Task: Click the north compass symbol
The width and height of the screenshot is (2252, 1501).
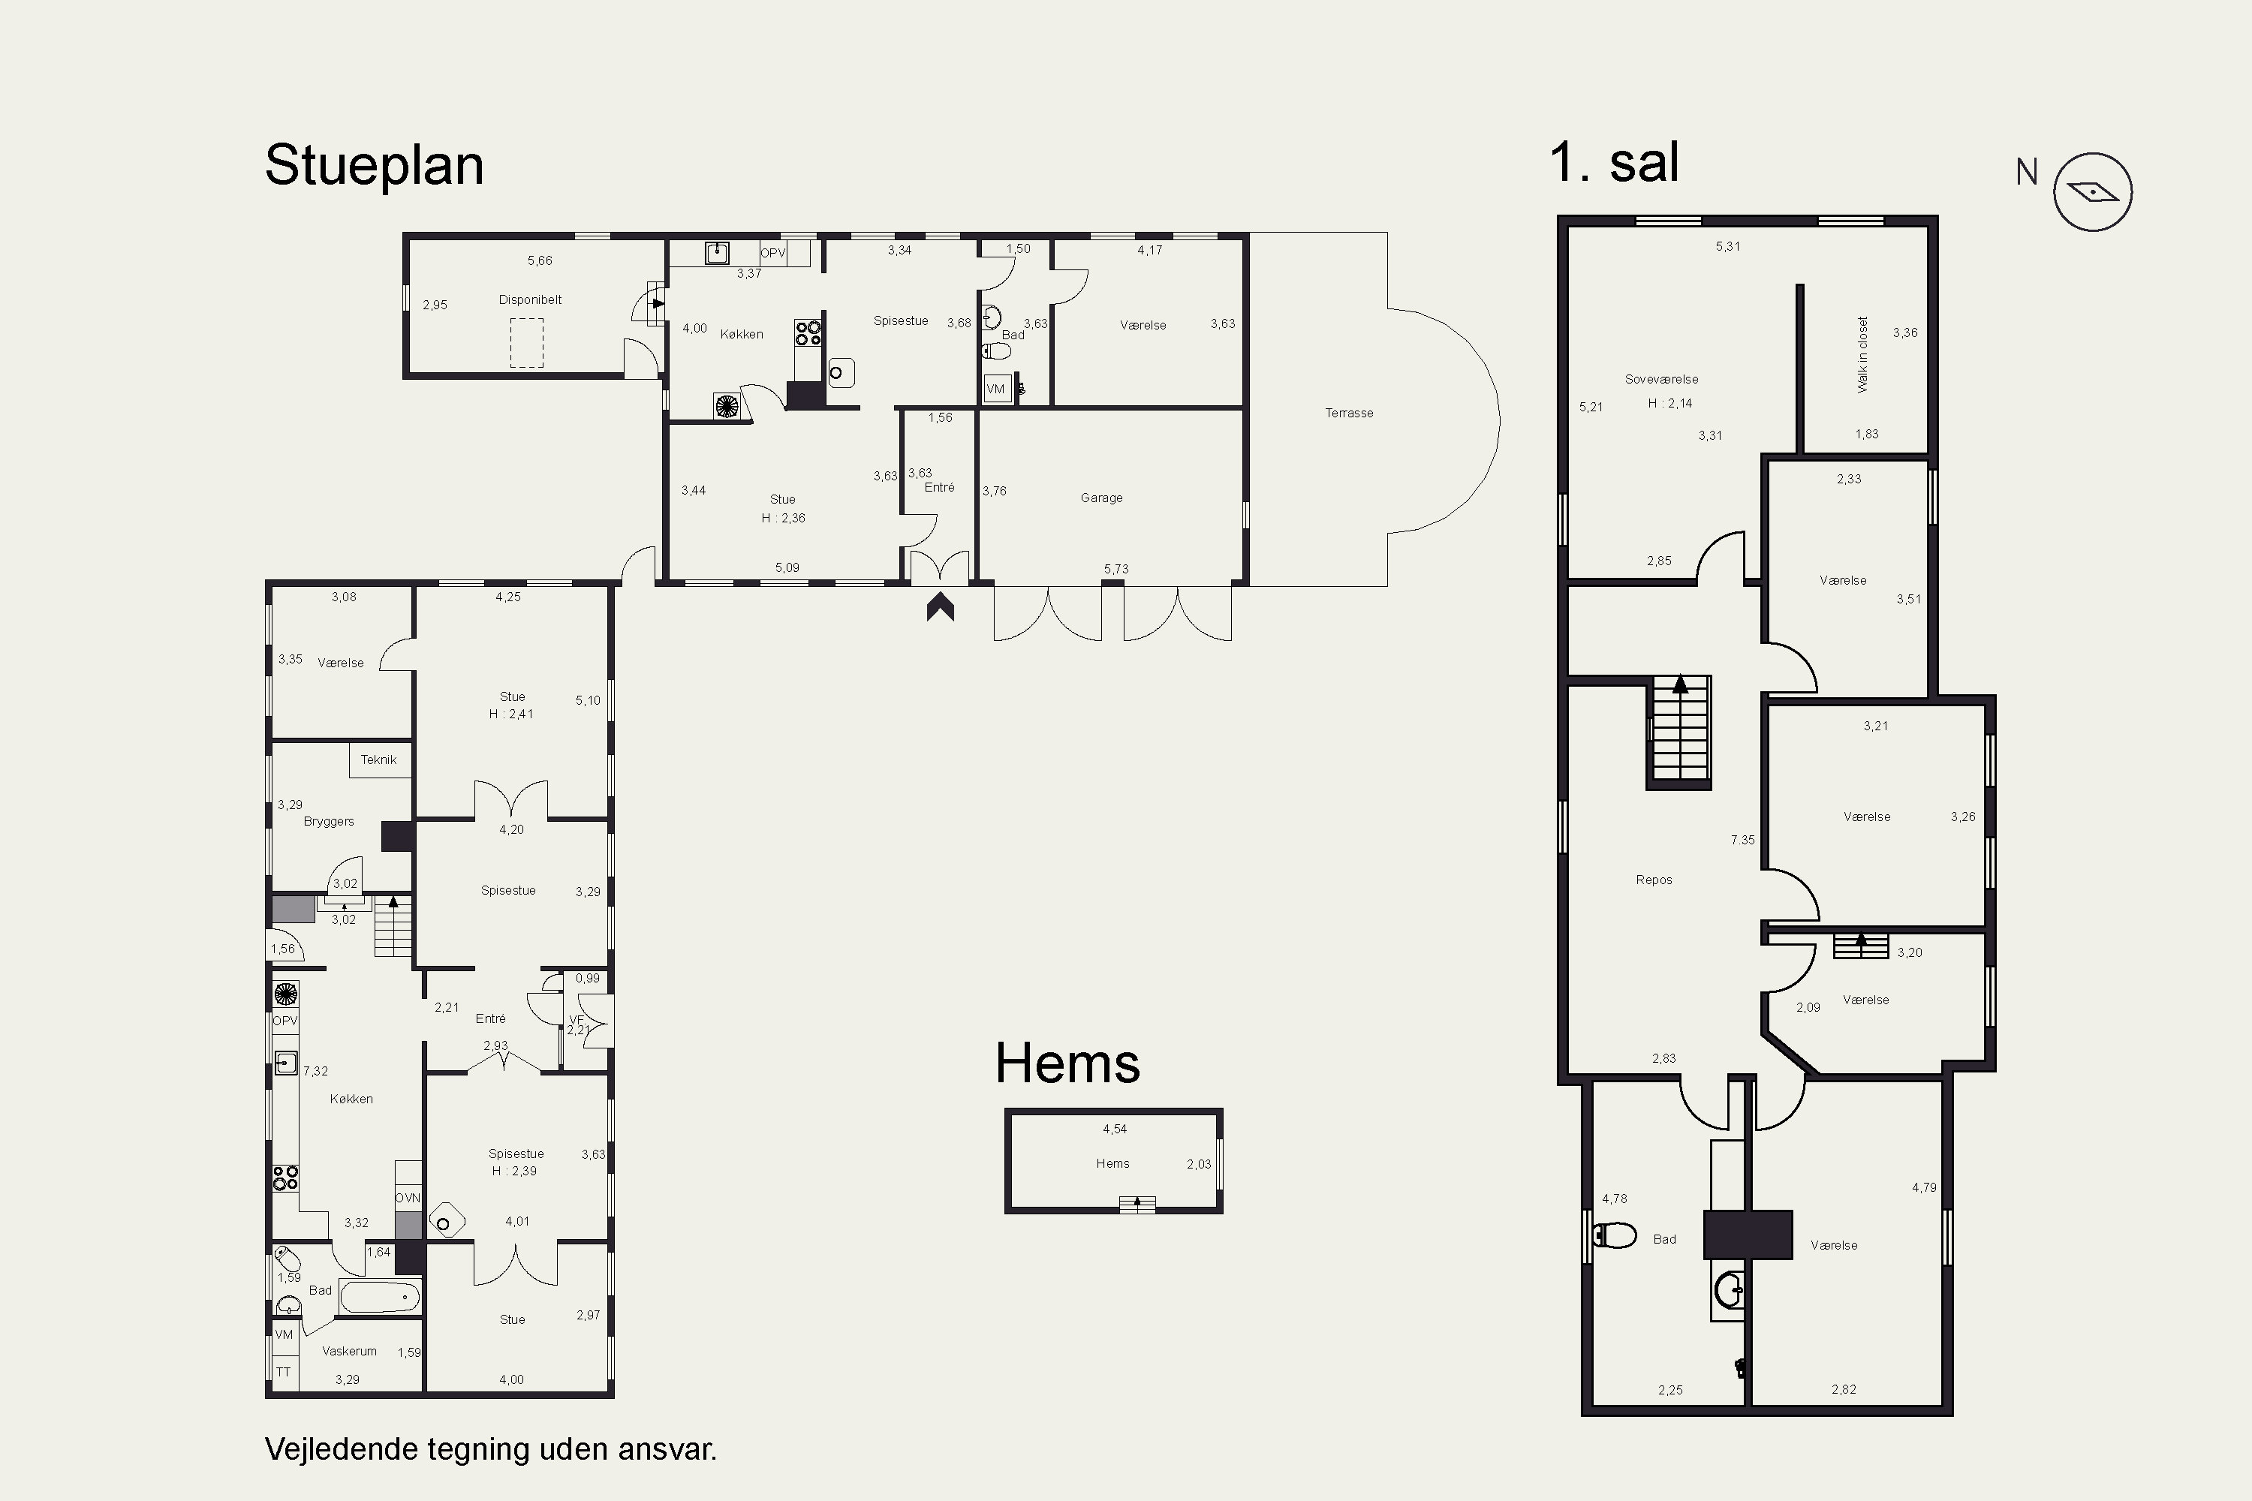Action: coord(2092,191)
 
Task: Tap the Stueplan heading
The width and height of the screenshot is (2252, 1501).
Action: coord(375,167)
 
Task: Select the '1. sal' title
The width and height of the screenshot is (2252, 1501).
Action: coord(1615,162)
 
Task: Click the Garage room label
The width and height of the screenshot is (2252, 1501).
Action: coord(1101,498)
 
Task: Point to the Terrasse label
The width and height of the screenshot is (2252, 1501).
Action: coord(1349,413)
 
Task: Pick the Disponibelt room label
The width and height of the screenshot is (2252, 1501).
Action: coord(529,299)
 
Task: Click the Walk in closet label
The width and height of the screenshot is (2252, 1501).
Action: coord(1862,354)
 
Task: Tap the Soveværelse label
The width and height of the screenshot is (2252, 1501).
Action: coord(1661,379)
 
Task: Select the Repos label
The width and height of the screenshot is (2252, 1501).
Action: coord(1654,880)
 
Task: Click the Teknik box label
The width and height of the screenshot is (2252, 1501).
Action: coord(378,759)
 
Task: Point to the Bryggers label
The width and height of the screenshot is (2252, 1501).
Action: coord(329,821)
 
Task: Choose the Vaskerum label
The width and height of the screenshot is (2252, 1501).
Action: coord(350,1351)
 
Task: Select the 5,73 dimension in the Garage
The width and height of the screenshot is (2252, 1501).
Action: coord(1115,569)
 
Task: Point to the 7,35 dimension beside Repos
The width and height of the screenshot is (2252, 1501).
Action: coord(1742,840)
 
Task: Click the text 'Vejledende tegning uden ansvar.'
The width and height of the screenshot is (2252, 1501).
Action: coord(490,1448)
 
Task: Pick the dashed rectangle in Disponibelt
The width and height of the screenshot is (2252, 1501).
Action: coord(527,343)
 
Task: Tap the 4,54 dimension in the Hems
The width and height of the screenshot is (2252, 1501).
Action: coord(1115,1129)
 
